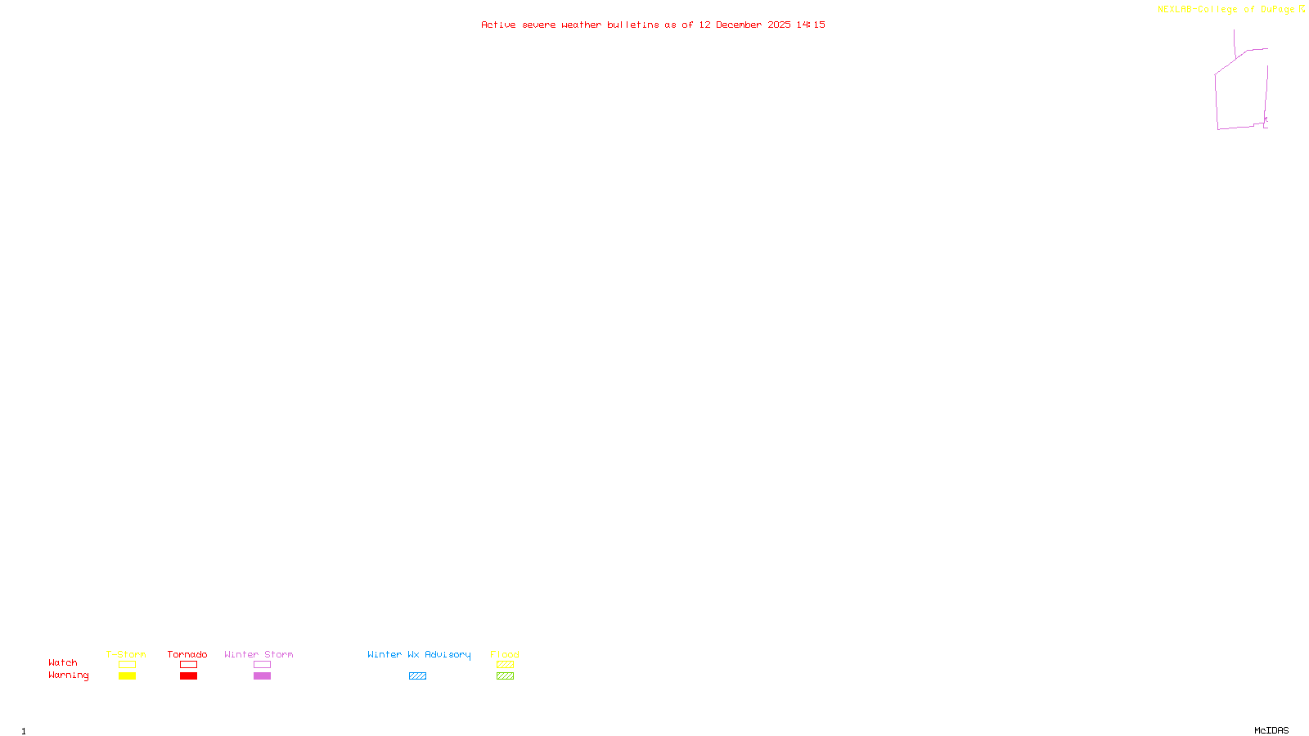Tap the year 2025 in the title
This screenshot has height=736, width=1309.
[x=779, y=25]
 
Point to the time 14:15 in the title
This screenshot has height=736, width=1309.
[x=811, y=25]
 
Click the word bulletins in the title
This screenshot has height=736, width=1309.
[x=633, y=25]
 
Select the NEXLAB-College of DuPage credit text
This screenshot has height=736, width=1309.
[x=1226, y=9]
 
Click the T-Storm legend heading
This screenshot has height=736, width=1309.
[x=126, y=654]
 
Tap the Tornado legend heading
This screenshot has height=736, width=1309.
[x=187, y=654]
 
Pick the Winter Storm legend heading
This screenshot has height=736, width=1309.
[x=259, y=654]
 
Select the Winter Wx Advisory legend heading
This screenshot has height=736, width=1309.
[x=419, y=654]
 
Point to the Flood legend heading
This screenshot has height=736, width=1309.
[x=505, y=654]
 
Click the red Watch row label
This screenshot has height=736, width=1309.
[x=63, y=662]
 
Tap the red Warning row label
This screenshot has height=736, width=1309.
[x=69, y=675]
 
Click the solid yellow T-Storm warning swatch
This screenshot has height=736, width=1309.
[x=127, y=676]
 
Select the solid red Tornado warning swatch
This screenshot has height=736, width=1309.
[x=188, y=676]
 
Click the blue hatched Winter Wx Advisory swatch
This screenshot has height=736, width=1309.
[x=417, y=676]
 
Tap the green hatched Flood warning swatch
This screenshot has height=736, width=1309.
[x=505, y=676]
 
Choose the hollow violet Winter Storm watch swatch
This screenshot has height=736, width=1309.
[x=262, y=665]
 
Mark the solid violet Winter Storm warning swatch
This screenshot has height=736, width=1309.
[x=262, y=676]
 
